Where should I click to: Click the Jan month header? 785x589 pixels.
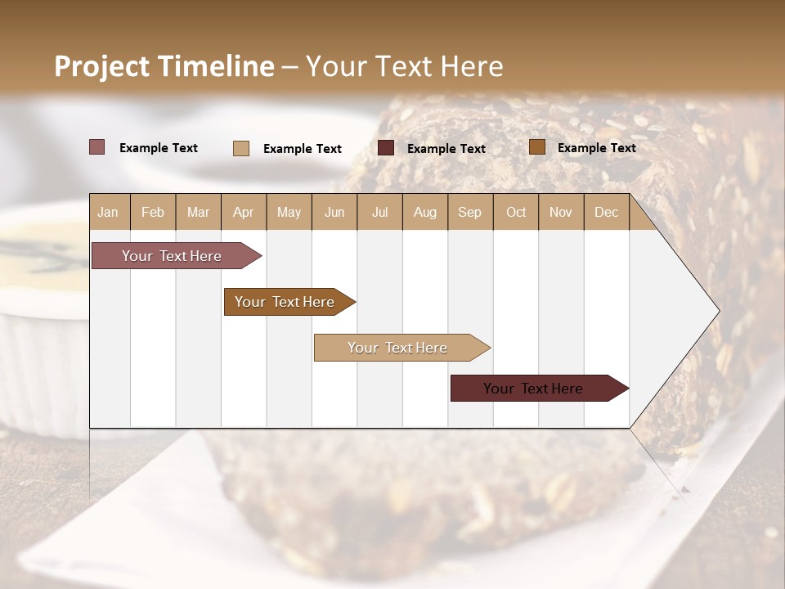[108, 212]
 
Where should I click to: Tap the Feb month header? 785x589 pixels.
[153, 212]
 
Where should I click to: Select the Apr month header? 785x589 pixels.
[244, 212]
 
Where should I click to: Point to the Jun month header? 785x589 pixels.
[334, 212]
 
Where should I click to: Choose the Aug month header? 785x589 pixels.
[425, 212]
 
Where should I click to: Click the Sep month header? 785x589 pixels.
[470, 212]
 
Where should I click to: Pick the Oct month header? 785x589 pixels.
[516, 212]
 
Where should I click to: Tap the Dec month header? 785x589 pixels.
[607, 212]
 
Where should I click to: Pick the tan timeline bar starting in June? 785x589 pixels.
[398, 348]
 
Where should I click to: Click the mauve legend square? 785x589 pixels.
[97, 147]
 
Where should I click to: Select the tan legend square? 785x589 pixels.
[241, 148]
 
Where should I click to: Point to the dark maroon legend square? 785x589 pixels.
[386, 148]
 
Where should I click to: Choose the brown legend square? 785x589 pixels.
[537, 147]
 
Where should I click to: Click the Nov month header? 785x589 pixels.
[561, 212]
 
